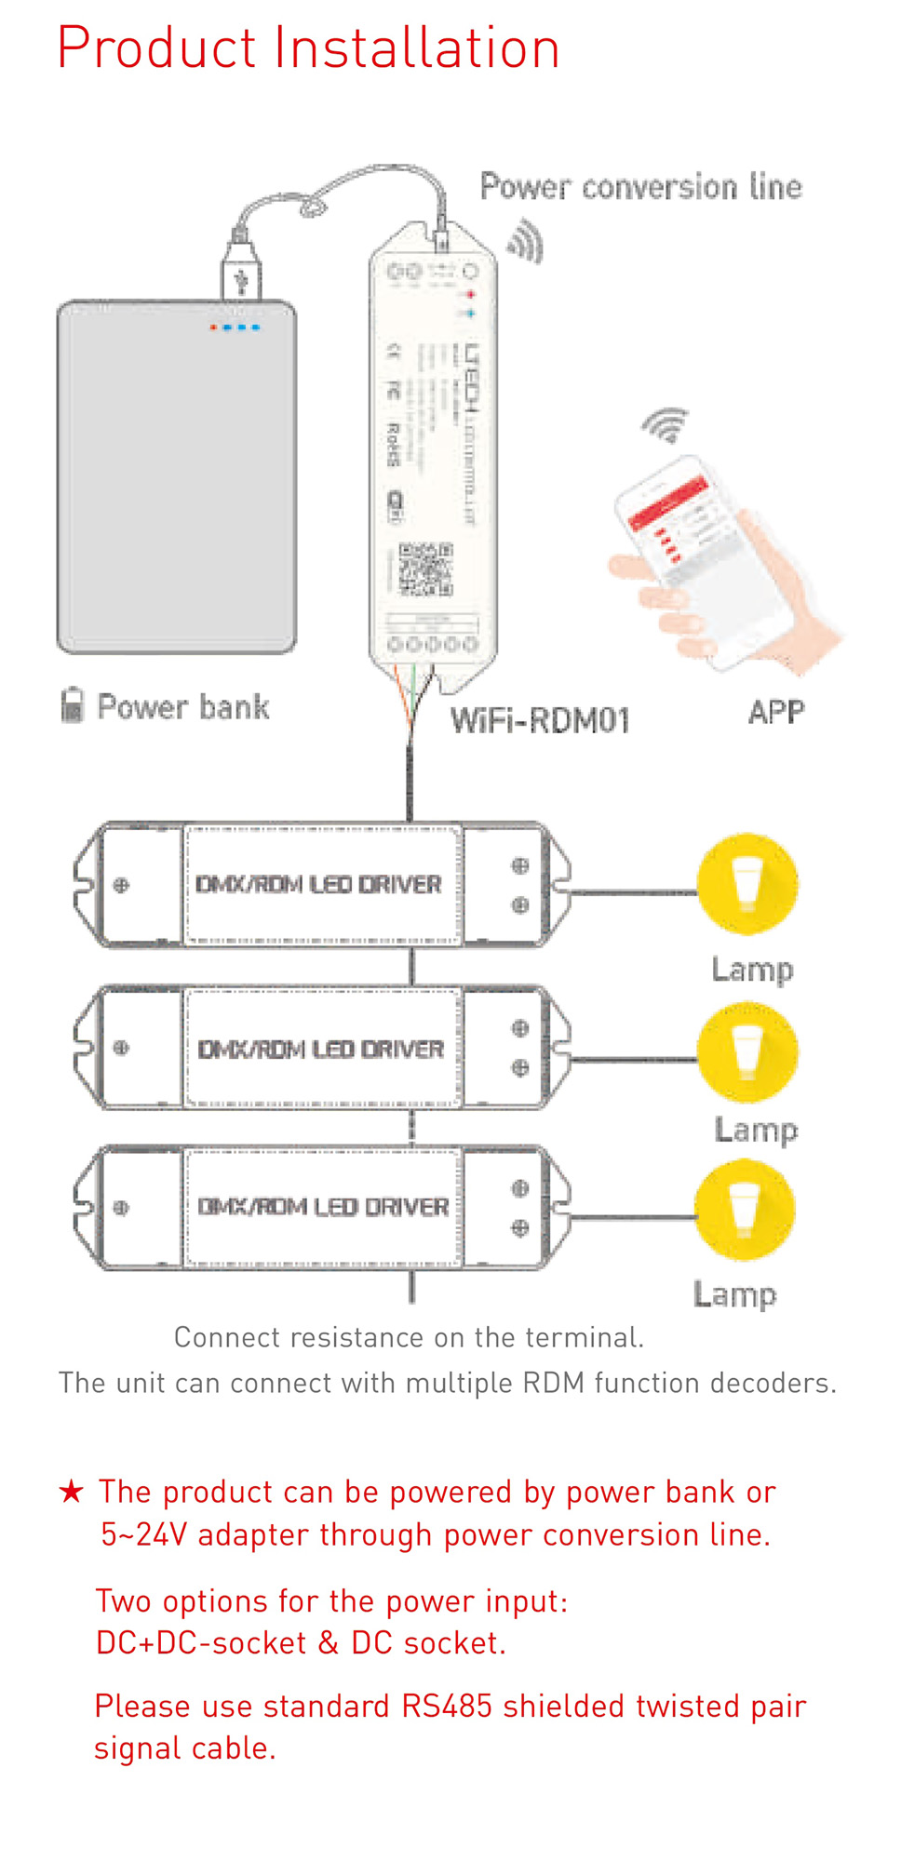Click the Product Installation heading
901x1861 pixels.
[x=308, y=48]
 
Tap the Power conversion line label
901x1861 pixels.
[x=640, y=187]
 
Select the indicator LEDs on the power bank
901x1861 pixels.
[x=235, y=328]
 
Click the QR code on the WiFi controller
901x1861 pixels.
[x=425, y=569]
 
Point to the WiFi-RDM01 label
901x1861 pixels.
[x=540, y=720]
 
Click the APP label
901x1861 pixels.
[x=775, y=713]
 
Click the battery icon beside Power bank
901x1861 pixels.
[x=72, y=705]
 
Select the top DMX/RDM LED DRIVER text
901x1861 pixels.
[x=318, y=884]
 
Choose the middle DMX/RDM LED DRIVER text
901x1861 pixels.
[x=320, y=1049]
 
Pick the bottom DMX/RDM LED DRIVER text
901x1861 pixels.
[x=322, y=1207]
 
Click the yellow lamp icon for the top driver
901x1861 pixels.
[x=747, y=884]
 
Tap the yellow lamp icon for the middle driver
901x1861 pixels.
[x=747, y=1051]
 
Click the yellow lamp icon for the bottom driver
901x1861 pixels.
[x=744, y=1210]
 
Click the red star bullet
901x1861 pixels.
[x=71, y=1492]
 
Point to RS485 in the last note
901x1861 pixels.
[x=446, y=1706]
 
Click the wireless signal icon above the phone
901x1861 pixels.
[x=666, y=425]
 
